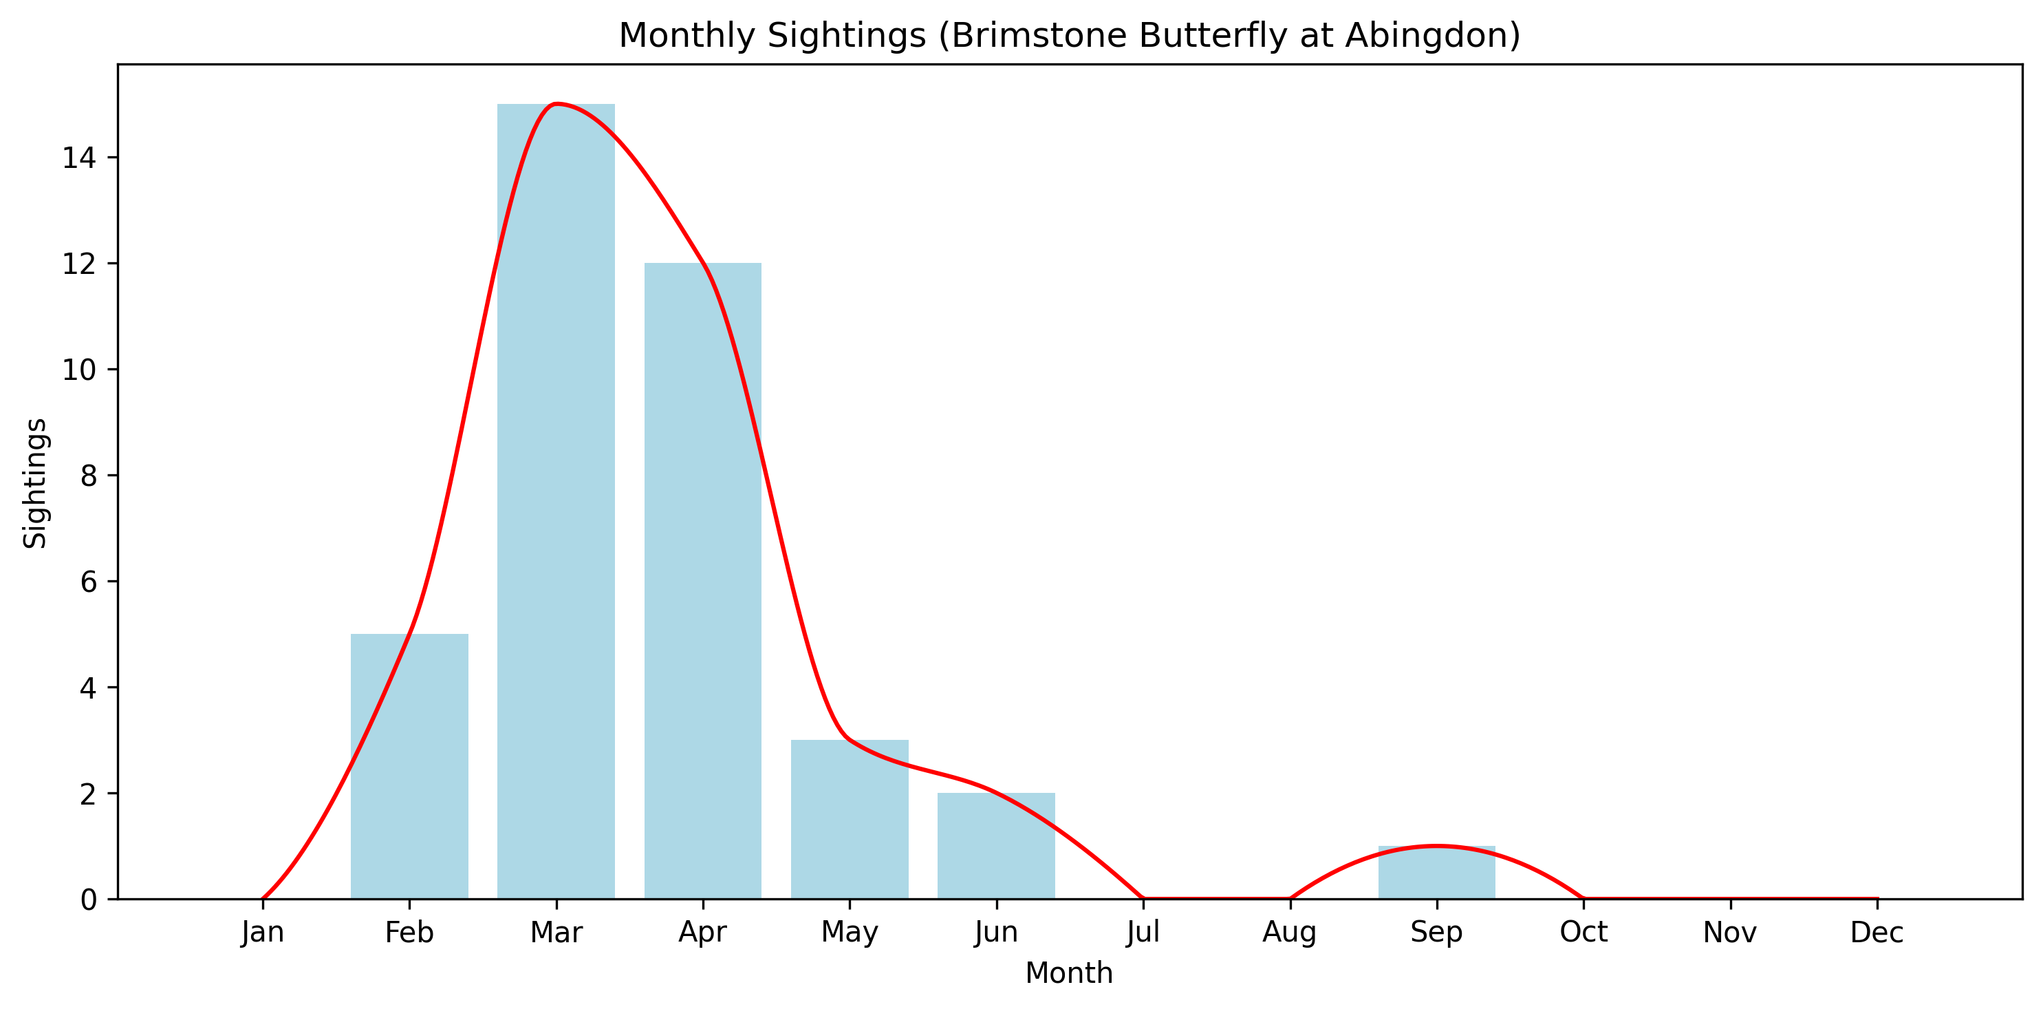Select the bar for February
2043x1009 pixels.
pos(409,766)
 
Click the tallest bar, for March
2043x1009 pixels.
pos(556,501)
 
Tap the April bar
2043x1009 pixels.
pos(703,581)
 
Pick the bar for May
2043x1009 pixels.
pos(850,820)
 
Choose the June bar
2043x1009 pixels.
pos(996,846)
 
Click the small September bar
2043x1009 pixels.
pos(1436,873)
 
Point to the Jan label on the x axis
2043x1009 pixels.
pos(263,932)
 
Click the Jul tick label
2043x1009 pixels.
pos(1143,932)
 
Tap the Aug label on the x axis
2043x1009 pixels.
pos(1290,932)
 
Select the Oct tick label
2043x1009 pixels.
pos(1583,932)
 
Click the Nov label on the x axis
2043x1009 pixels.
pos(1730,932)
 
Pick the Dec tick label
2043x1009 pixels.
pos(1877,932)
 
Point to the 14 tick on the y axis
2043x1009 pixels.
pos(79,158)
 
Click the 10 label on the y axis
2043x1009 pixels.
pos(79,370)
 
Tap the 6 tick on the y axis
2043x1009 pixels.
pos(88,582)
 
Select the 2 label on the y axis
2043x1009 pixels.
pos(88,794)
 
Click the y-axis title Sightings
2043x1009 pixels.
pos(35,483)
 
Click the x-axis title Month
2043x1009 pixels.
pos(1069,973)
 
